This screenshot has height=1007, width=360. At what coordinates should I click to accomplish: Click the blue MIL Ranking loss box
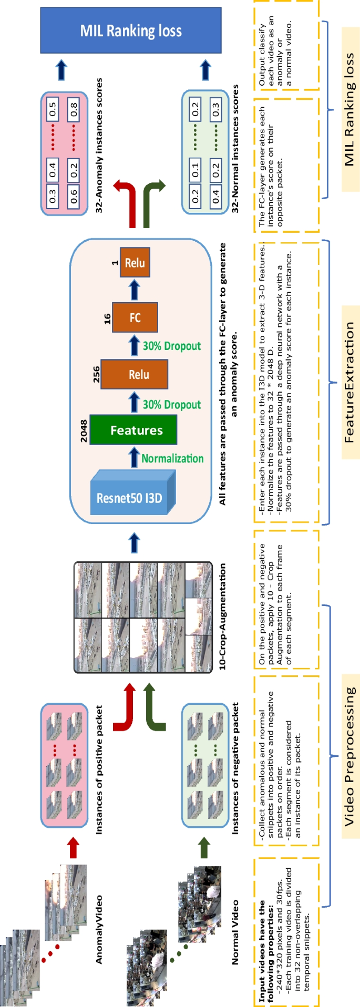[x=131, y=30]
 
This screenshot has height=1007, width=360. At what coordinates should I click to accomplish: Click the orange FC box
[x=135, y=317]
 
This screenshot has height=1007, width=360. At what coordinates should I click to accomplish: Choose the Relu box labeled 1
[x=135, y=263]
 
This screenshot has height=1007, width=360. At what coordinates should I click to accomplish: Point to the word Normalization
[x=172, y=458]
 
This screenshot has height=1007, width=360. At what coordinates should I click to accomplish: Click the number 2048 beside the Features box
[x=84, y=430]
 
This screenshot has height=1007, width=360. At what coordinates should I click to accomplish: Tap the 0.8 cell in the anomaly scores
[x=74, y=109]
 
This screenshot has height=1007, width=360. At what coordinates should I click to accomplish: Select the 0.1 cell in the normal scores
[x=195, y=170]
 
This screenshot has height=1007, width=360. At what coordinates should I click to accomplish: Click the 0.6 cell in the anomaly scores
[x=74, y=196]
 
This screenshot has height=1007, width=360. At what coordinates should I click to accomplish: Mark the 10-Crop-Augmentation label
[x=222, y=616]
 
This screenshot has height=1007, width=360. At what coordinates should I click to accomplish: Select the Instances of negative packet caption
[x=235, y=768]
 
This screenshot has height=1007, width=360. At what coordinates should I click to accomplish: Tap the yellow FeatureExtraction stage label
[x=349, y=382]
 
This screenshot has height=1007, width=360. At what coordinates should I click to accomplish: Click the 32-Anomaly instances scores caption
[x=99, y=146]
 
